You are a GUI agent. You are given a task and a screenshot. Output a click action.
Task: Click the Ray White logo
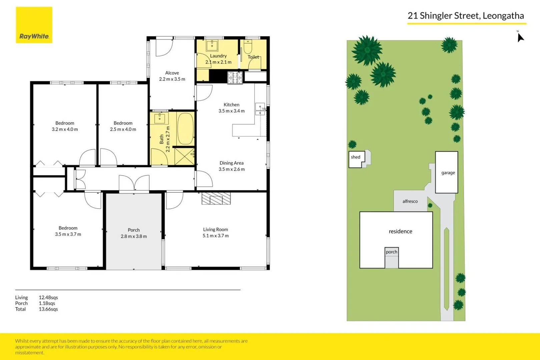34,25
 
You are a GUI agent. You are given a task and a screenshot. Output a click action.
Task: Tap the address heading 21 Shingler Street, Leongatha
466,16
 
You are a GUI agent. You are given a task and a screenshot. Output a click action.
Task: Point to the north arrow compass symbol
520,37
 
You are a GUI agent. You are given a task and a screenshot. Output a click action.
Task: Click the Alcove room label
172,73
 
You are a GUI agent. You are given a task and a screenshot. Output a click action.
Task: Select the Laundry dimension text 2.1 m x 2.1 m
218,62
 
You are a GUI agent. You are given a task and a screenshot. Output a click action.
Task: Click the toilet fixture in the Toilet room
248,48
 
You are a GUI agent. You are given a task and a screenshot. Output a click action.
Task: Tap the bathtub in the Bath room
185,129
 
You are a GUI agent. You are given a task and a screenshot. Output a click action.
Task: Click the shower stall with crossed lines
184,156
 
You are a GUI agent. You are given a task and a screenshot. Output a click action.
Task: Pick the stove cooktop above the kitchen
235,78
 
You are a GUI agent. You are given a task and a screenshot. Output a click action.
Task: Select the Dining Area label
231,163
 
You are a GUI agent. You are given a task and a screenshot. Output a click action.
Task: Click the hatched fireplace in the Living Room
216,199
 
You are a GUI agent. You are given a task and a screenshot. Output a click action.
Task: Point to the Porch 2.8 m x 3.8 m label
134,233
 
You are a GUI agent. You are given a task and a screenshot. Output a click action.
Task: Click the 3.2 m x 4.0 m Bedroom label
65,126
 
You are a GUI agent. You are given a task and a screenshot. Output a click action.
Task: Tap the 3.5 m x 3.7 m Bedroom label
68,231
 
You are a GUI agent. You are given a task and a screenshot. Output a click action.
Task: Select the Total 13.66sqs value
48,309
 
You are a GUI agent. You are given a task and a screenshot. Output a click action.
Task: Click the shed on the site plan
356,159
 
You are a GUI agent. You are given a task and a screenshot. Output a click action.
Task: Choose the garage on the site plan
447,172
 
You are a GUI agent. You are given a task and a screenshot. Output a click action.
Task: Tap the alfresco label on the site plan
410,201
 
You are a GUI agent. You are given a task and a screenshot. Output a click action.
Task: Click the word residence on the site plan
400,231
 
